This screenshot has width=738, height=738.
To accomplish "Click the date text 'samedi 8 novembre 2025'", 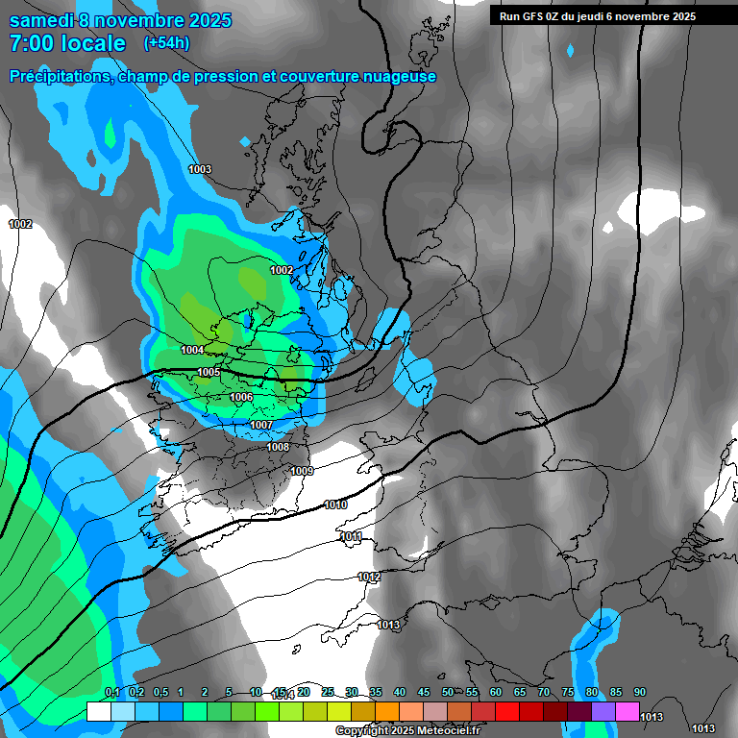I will [120, 20].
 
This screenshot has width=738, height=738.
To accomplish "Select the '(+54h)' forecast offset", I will [166, 43].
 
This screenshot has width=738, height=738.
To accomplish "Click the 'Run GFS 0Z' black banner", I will [598, 16].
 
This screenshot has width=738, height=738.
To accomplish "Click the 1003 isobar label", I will [200, 170].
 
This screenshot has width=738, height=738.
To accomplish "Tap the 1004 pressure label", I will [192, 351].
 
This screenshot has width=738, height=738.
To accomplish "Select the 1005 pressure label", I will [209, 373].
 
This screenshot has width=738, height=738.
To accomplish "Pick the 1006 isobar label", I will [241, 398].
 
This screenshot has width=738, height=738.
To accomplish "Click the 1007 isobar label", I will [261, 425].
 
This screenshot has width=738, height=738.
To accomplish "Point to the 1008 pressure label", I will [278, 447].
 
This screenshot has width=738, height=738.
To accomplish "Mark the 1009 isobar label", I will [302, 471].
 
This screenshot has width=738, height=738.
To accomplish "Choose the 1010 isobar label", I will [335, 504].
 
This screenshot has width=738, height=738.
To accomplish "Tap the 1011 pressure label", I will [351, 537].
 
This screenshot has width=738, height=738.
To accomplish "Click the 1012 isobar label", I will [369, 577].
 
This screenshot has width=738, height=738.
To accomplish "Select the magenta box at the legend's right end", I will [627, 712].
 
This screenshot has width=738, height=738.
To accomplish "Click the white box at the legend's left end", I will [98, 712].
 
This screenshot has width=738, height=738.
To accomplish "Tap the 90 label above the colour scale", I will [639, 693].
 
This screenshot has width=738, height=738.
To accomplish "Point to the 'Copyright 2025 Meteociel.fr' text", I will [407, 730].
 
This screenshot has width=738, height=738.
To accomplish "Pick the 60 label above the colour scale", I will [495, 693].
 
